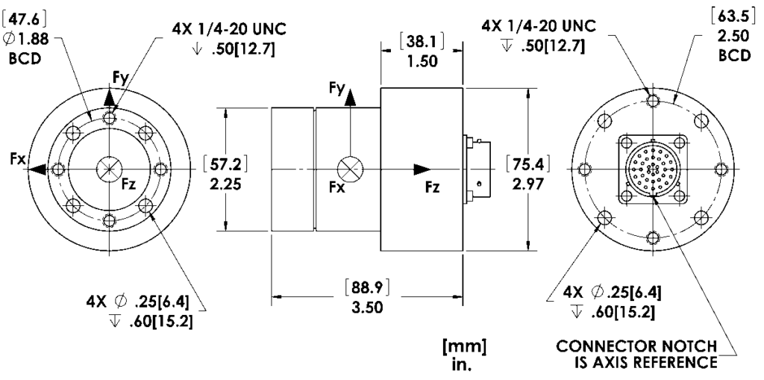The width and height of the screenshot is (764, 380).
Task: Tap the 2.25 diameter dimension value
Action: pos(225,183)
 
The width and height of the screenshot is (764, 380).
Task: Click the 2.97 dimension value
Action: pos(530,183)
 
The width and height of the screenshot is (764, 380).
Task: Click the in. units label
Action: pos(463,365)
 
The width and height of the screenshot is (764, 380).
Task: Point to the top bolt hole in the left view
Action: pos(110,119)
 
